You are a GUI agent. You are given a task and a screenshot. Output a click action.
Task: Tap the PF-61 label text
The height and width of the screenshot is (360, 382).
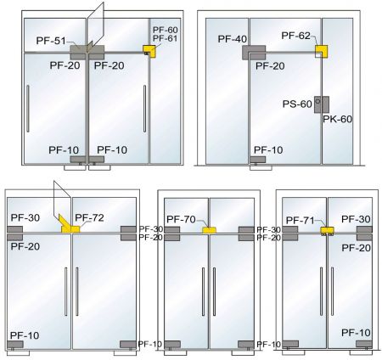(x=165, y=39)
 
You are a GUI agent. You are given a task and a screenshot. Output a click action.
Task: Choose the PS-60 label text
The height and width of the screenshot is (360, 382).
(x=296, y=104)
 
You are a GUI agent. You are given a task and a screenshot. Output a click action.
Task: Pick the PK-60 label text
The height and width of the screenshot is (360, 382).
(x=337, y=119)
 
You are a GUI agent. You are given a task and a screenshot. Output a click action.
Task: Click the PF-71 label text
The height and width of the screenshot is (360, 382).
(x=301, y=220)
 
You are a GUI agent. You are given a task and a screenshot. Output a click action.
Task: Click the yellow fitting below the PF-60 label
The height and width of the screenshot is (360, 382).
(x=149, y=52)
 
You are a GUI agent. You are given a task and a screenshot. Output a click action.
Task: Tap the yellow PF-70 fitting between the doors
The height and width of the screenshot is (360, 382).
(x=209, y=230)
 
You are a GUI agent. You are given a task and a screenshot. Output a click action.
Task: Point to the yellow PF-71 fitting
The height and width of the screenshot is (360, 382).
(x=327, y=230)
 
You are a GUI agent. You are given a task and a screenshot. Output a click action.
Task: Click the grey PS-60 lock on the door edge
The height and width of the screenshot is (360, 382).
(x=317, y=104)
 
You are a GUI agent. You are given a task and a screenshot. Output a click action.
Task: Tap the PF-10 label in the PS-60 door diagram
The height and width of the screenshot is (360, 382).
(x=267, y=149)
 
